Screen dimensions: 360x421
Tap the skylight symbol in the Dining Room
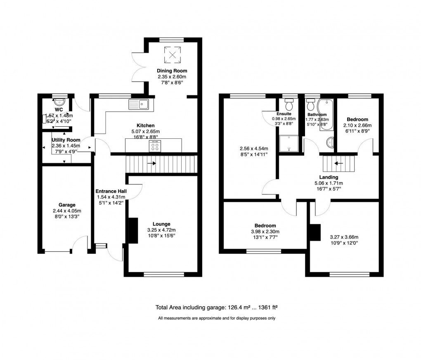(173, 53)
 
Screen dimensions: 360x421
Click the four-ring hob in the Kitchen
(155, 147)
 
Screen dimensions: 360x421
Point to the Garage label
(67, 205)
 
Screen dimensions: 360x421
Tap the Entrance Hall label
(110, 192)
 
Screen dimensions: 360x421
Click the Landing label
(329, 177)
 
